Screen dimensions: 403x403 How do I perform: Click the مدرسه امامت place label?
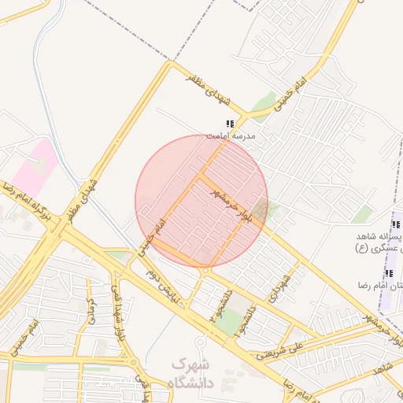click(231, 135)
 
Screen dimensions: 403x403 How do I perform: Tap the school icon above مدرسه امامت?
click(230, 124)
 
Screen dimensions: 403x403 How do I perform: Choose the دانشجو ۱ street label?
click(250, 316)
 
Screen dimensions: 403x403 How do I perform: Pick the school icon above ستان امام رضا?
click(388, 273)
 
